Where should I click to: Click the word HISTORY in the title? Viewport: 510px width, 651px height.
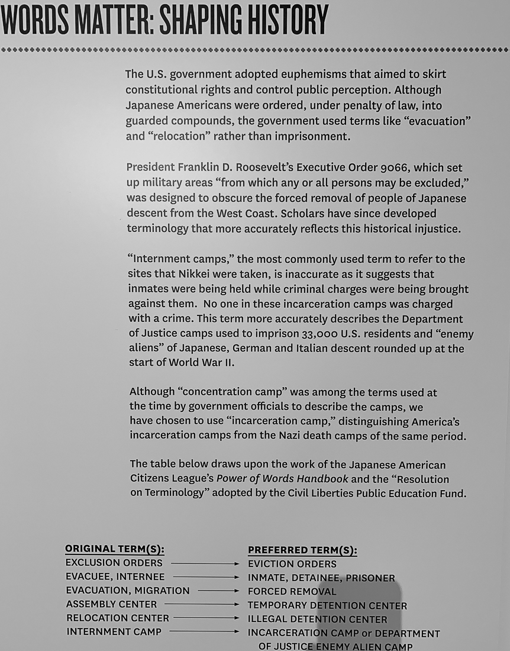283,20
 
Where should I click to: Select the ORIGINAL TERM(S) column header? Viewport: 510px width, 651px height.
115,549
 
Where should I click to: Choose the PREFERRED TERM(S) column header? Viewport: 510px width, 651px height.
302,550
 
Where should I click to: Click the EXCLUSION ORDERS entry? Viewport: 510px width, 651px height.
114,563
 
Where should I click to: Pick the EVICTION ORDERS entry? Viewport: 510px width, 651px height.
292,564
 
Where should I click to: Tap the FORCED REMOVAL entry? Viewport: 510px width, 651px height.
292,591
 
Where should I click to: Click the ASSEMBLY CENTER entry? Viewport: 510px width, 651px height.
112,604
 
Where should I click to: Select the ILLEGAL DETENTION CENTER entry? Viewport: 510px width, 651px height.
318,619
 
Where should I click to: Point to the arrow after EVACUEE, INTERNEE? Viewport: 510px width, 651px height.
206,577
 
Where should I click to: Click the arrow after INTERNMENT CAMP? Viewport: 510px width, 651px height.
204,631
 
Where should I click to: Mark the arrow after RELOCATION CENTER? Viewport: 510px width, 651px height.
206,618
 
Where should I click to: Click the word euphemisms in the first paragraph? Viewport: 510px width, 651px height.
325,75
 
